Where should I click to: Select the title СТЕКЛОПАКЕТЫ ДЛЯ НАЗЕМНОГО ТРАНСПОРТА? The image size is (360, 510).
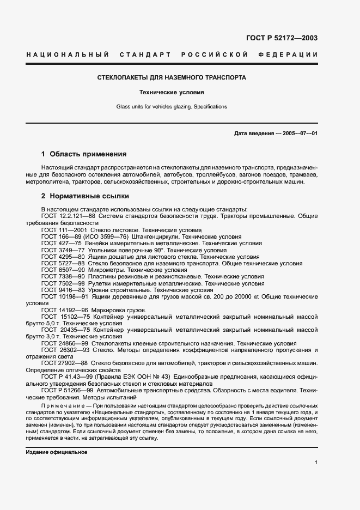[x=172, y=77]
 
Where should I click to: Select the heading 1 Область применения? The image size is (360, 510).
[x=84, y=154]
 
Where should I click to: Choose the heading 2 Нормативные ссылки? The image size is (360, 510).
[x=85, y=196]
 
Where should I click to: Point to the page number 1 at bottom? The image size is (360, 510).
[x=316, y=463]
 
